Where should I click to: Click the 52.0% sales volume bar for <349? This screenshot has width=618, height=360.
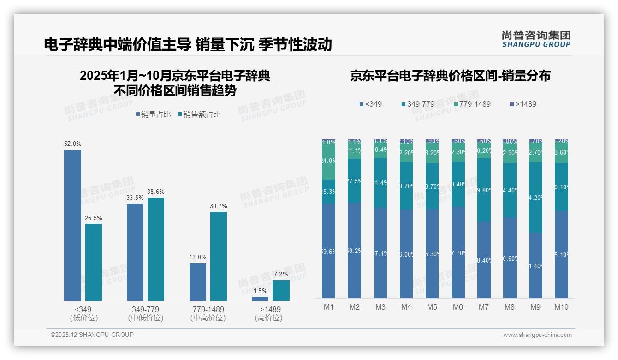[72, 225]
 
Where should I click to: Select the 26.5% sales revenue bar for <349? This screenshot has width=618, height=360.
[94, 262]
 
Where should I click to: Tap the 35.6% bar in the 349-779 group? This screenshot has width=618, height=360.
[156, 249]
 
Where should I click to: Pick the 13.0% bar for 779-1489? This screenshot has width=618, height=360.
[198, 282]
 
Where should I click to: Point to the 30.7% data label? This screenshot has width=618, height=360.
[219, 206]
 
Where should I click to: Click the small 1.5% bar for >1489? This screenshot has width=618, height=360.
[260, 299]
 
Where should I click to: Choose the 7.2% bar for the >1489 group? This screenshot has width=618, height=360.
[281, 290]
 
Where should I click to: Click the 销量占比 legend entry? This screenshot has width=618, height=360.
[154, 114]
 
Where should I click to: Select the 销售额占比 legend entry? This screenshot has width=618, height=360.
[199, 114]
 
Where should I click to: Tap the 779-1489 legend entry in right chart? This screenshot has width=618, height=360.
[471, 104]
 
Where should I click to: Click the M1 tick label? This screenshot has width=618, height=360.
[329, 307]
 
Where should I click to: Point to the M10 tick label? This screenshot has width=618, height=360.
[561, 307]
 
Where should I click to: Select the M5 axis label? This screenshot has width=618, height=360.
[432, 307]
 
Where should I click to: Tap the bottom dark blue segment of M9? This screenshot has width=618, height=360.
[535, 265]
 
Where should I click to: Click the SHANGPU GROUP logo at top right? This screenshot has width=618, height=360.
[536, 39]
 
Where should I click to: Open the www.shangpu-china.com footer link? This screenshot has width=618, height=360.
[537, 335]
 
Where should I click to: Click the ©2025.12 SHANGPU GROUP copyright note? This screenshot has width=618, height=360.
[92, 335]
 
